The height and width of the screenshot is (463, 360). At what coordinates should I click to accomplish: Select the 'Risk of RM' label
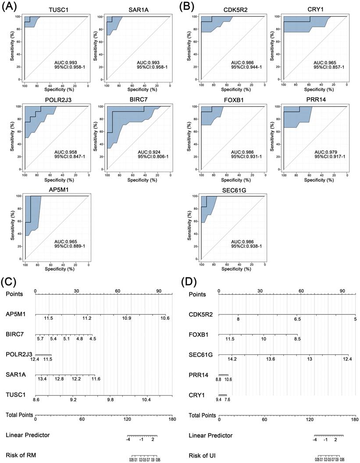tap(21, 455)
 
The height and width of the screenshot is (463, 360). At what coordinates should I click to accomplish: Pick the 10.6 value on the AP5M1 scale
tap(165, 318)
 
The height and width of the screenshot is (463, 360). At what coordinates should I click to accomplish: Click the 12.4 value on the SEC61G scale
tap(347, 359)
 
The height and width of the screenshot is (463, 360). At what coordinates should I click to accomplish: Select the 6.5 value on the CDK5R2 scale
tap(297, 319)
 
